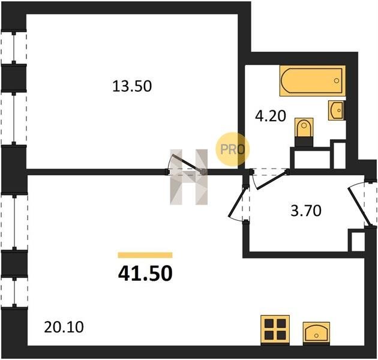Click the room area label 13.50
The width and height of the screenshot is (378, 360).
[132, 86]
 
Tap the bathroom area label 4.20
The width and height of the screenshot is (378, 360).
[271, 116]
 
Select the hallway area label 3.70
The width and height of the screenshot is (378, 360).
[306, 211]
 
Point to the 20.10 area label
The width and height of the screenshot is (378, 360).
[64, 327]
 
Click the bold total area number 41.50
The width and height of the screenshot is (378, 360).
[145, 274]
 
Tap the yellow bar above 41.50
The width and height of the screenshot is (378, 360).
[145, 255]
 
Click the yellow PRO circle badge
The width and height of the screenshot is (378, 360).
[232, 149]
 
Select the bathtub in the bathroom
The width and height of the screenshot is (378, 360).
[313, 81]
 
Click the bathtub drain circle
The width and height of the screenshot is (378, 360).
[337, 81]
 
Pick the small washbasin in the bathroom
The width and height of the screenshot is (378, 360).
[336, 110]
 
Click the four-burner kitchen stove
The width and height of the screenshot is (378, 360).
[275, 329]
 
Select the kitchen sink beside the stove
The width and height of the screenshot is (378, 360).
[316, 332]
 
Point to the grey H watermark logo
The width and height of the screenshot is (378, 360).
[189, 177]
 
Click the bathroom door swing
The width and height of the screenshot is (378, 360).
[269, 179]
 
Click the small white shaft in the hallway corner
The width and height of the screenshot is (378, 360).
[356, 241]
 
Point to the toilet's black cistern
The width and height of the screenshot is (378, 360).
[304, 142]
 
